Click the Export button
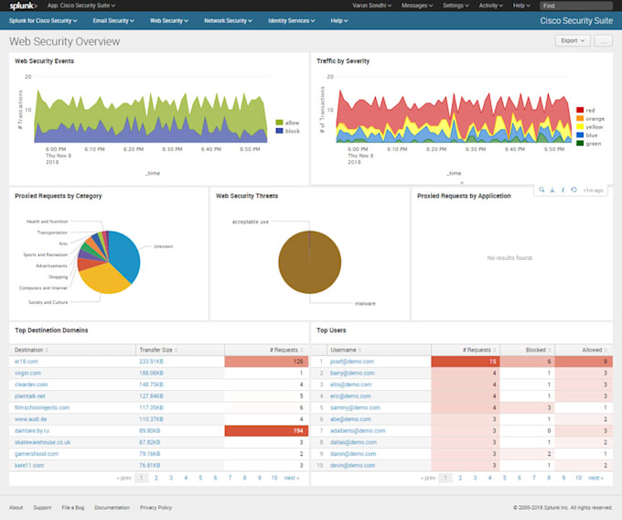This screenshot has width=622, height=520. pos(572,41)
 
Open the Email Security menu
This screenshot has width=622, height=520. pos(113,20)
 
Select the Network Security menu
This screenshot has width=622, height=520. pos(227,20)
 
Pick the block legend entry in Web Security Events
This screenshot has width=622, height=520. pos(292,131)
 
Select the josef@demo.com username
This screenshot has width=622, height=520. pos(351,362)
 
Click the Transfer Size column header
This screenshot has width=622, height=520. pos(155,350)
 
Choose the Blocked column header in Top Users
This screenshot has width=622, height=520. pos(536,350)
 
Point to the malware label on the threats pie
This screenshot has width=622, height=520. pos(365,303)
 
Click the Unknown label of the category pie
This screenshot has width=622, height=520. pos(163,246)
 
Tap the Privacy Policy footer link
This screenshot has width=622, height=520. pos(156,507)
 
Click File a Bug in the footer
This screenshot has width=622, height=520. pos(73,507)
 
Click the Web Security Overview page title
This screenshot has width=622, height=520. pos(66,42)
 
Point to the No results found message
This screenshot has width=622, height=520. pos(509,258)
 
